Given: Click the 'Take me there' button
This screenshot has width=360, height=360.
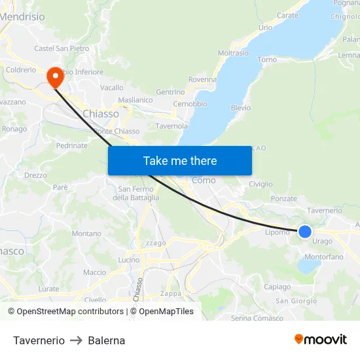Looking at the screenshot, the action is pos(180,161).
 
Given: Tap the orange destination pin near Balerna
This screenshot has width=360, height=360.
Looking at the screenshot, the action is pos(55,78).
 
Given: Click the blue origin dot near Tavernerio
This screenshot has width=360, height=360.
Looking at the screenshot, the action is pos(305,231).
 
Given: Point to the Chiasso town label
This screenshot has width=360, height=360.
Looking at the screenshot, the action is pos(101,114).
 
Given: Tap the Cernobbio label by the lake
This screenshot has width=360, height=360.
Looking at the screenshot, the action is pos(190,104).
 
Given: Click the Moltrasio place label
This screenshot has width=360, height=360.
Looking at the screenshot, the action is pos(233,53).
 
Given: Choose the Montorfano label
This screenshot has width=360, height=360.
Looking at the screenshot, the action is pos(323,257).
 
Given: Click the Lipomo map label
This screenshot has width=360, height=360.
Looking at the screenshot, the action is pos(277,232).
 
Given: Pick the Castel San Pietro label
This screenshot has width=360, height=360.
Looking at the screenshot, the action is pos(62,48).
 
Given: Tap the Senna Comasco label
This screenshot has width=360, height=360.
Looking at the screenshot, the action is pos(257,318).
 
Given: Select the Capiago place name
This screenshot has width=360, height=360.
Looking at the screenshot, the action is pos(277,287).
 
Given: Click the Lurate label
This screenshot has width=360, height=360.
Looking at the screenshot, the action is pos(48,289).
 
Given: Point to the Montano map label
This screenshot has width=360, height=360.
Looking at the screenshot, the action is pos(86,234).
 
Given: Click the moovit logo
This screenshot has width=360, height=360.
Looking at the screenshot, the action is pos(321,340).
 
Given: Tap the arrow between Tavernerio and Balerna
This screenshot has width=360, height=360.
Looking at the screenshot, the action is pos(76,340).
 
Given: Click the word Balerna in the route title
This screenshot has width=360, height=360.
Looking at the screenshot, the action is pos(106,340).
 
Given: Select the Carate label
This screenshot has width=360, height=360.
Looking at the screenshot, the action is pos(287,15).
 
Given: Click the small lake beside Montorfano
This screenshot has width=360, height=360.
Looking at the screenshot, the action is pos(308,266).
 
